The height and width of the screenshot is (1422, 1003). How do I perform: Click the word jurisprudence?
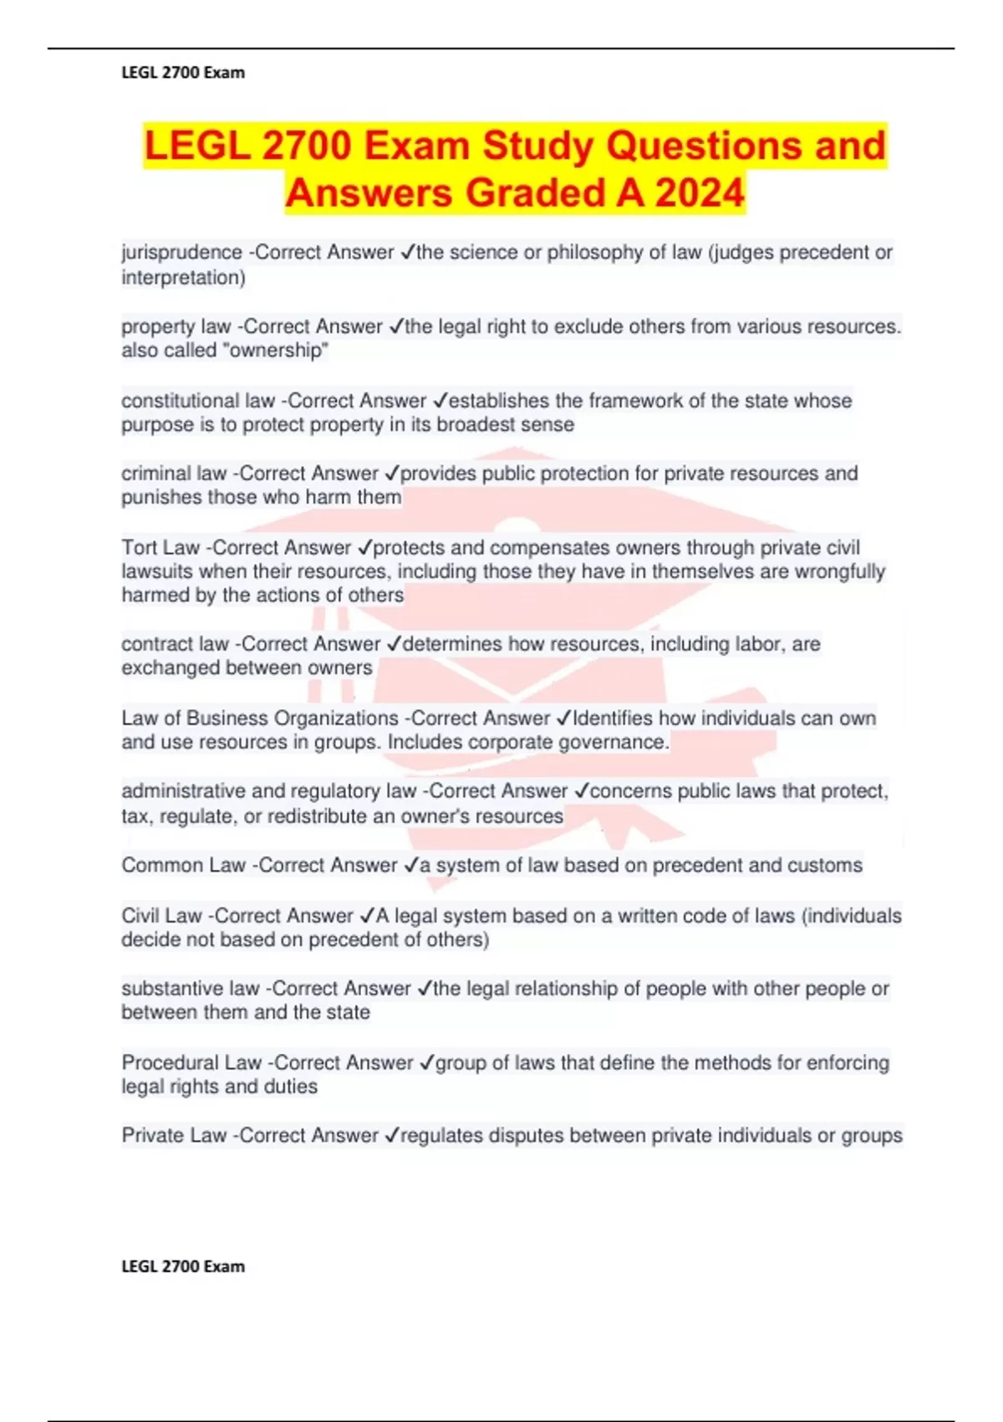pos(170,253)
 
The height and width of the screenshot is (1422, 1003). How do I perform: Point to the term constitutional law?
pos(198,401)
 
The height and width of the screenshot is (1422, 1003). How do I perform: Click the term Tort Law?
pos(160,548)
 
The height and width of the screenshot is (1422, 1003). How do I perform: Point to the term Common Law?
pos(183,866)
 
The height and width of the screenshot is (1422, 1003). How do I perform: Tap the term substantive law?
pos(191,989)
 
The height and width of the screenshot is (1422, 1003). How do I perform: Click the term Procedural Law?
pos(191,1063)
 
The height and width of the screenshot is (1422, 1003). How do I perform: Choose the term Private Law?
pos(174,1136)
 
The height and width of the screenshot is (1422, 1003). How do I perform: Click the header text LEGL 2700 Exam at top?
pos(183,73)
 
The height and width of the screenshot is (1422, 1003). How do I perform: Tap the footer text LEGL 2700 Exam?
pos(183,1266)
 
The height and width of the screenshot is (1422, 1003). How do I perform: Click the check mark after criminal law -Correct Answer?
pos(392,474)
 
